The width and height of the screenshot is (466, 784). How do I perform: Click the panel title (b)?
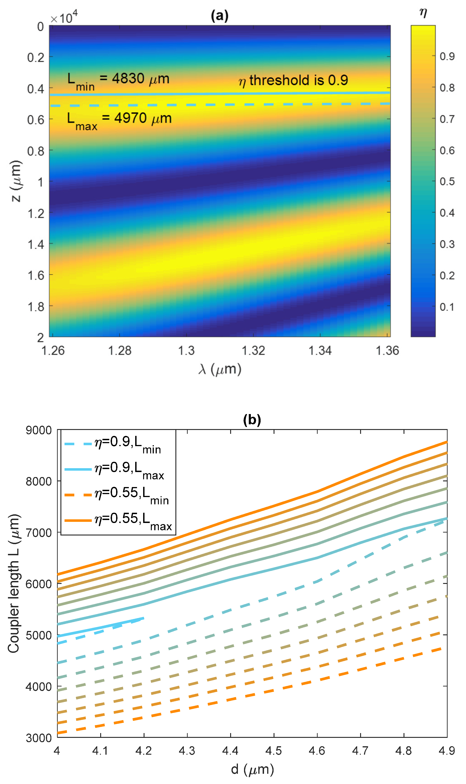[252, 420]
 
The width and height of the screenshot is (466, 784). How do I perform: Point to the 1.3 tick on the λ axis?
[187, 350]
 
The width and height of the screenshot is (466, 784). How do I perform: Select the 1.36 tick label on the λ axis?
[387, 350]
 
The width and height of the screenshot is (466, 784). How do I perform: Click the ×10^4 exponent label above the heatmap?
[64, 17]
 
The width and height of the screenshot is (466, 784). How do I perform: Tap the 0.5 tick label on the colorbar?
[447, 182]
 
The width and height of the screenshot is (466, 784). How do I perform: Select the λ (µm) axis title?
[220, 369]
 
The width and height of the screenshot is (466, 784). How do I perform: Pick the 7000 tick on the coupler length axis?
[38, 533]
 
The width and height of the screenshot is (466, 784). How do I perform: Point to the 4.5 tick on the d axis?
[274, 751]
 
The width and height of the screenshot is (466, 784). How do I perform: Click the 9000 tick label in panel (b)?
[38, 430]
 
